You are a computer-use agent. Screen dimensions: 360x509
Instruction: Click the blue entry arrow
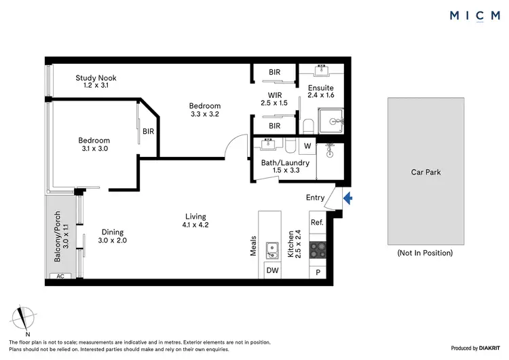coord(348,198)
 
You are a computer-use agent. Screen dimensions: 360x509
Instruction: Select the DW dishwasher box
coord(272,270)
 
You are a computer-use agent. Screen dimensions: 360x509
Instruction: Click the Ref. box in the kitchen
coord(317,223)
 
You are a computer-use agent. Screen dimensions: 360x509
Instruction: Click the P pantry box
coord(317,272)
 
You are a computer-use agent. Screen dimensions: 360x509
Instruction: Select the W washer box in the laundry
coord(307,146)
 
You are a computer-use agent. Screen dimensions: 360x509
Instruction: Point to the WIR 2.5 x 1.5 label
coord(274,98)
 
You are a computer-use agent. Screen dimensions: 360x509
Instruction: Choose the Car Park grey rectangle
coord(426,171)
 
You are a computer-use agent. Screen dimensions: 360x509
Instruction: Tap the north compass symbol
coord(26,319)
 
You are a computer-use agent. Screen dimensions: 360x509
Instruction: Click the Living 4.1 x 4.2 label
coord(195,221)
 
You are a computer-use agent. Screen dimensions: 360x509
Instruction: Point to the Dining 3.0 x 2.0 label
coord(112,236)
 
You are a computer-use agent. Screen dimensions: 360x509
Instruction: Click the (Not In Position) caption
coord(425,253)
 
